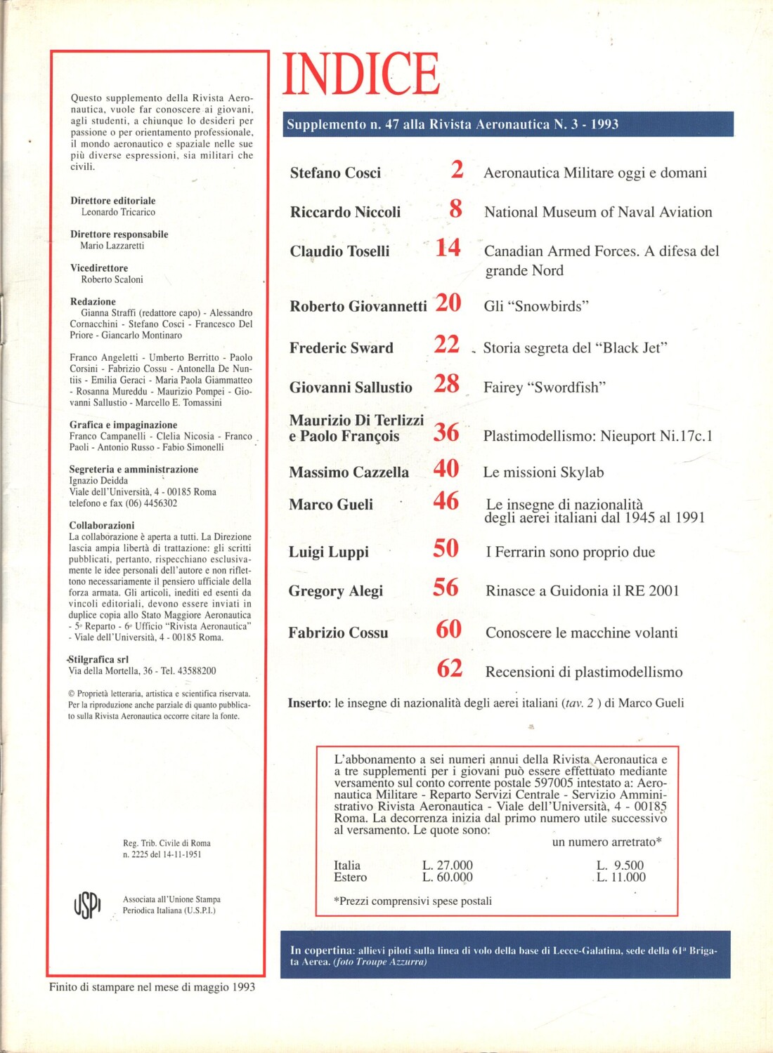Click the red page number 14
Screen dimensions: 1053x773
pos(448,248)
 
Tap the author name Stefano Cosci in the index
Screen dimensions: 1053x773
pos(335,173)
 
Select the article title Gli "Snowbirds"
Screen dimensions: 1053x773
pos(536,306)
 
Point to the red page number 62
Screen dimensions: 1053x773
pos(449,668)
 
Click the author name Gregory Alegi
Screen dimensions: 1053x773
pos(335,591)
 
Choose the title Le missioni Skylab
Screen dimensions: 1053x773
pos(543,472)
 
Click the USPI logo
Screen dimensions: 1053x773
pos(87,904)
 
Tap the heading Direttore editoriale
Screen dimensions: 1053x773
pos(112,201)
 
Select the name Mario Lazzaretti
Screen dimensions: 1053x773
pos(112,246)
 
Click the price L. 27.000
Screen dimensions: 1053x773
pos(447,865)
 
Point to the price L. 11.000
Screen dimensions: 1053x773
pos(621,877)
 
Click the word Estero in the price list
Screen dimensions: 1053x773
pos(350,877)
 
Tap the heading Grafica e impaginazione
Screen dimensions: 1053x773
pos(123,425)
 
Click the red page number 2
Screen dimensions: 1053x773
pos(457,170)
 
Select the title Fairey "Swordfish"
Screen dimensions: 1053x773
pos(545,388)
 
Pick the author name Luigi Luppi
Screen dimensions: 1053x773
pos(328,552)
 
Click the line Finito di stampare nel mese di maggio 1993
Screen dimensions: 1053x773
pos(152,987)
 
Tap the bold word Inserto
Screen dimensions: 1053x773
pos(308,703)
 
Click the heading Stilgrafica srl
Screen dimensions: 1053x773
pos(98,659)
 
